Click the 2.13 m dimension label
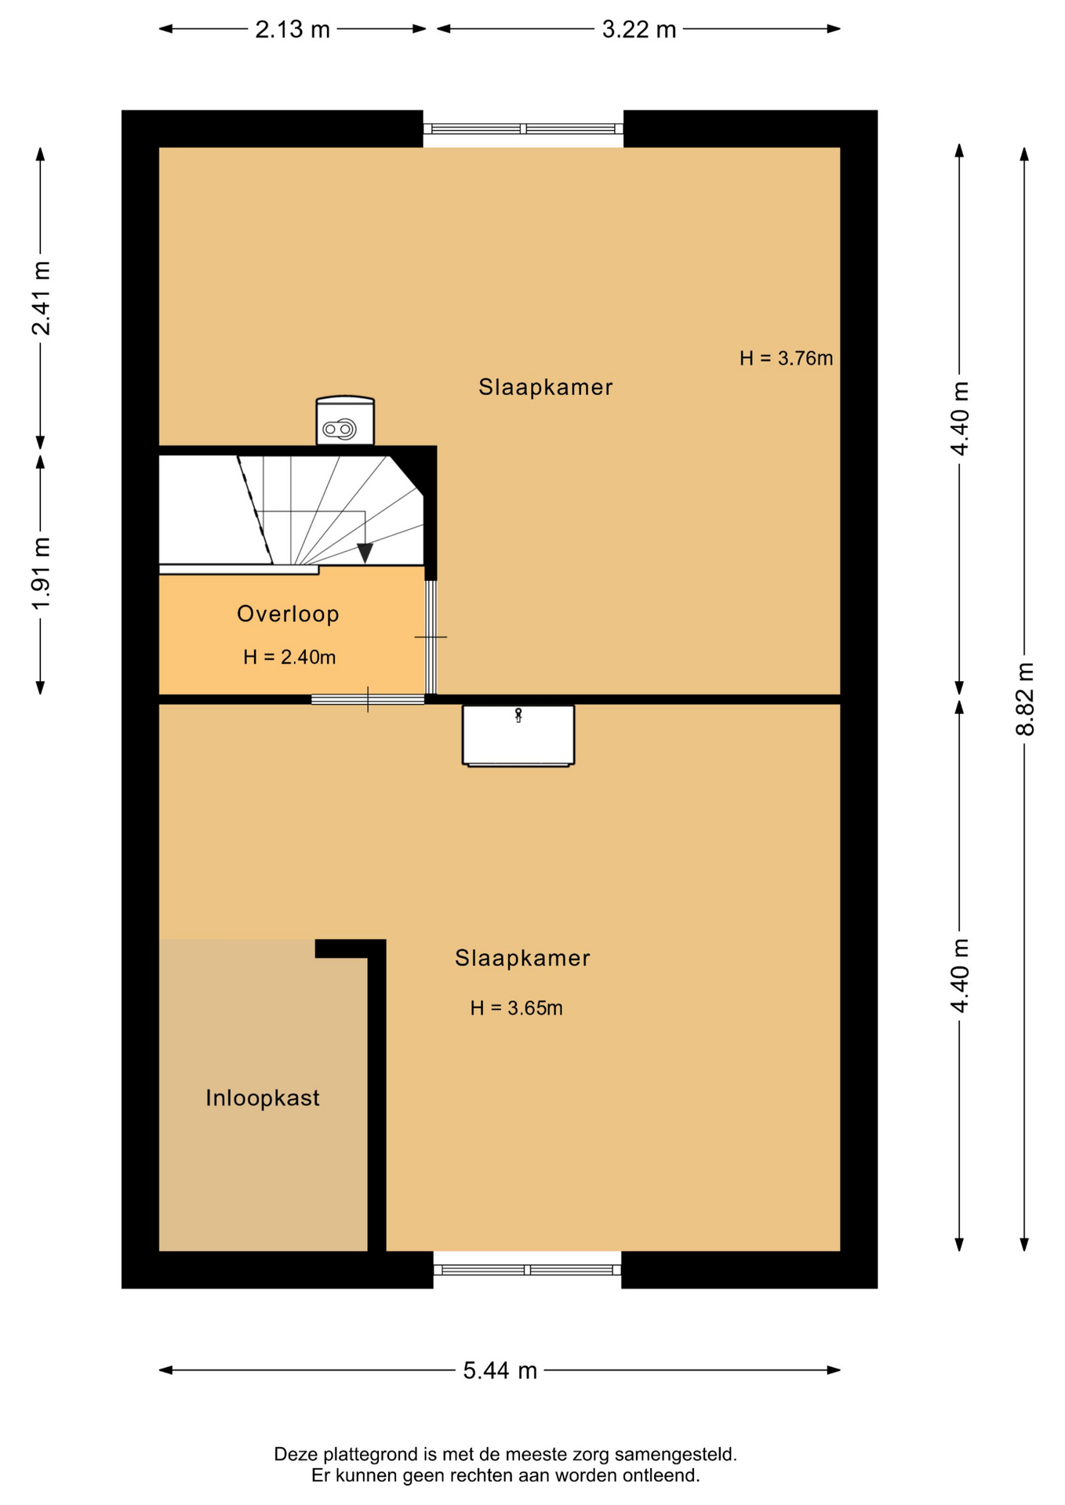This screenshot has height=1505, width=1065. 293,30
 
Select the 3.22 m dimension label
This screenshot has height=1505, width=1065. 638,30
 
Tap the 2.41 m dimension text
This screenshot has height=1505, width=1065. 41,298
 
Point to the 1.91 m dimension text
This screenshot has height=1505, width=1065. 41,574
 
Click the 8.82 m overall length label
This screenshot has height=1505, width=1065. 1025,698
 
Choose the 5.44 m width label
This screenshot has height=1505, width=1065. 500,1370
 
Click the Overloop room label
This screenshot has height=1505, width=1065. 288,614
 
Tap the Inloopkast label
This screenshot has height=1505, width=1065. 263,1097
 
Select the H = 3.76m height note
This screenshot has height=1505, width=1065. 786,358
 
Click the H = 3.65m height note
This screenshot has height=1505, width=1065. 516,1008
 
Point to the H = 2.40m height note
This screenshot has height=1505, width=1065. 289,657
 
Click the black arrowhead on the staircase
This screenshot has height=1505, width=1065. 365,553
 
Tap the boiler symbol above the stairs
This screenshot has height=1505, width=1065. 345,421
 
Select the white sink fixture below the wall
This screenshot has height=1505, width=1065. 518,735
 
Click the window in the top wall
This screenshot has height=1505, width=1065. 523,129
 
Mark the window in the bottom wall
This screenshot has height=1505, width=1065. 527,1270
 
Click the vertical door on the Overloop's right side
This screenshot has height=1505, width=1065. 431,636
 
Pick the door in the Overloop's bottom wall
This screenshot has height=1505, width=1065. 368,699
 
